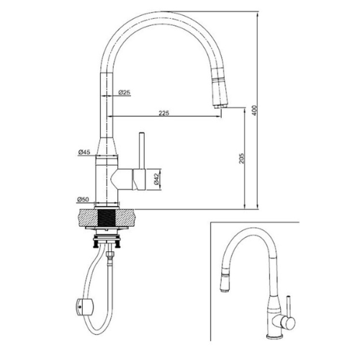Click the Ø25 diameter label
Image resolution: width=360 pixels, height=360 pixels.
click(x=125, y=92)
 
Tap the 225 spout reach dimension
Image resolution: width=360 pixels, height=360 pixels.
click(x=164, y=112)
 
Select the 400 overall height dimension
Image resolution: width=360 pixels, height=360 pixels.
click(x=255, y=110)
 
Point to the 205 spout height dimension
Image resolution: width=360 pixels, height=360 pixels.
click(x=241, y=158)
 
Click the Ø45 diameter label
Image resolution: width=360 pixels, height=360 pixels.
click(x=84, y=152)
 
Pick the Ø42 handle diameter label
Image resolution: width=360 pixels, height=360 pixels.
click(x=157, y=179)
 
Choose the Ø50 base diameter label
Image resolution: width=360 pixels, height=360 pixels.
click(x=83, y=199)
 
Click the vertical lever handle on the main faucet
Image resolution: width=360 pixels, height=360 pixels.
click(x=142, y=150)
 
